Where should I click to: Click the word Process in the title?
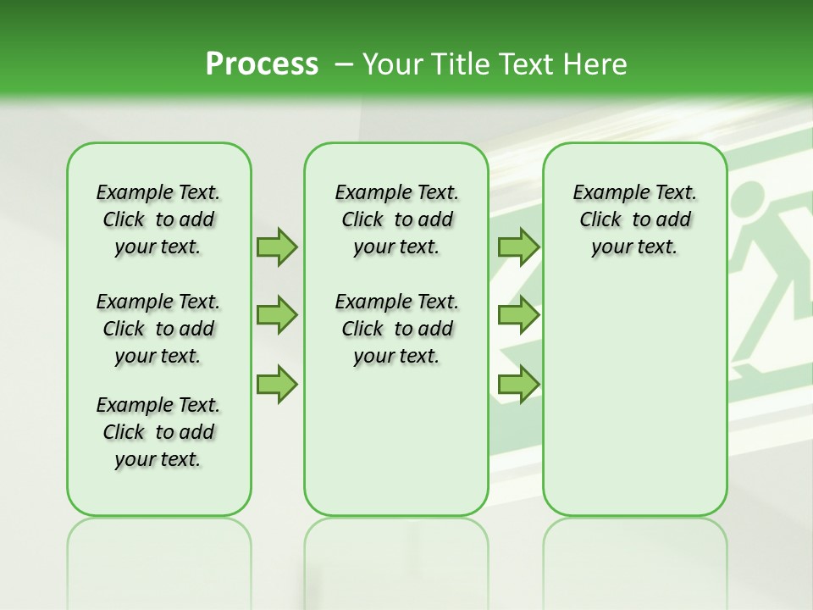(262, 64)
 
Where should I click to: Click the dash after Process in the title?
(344, 64)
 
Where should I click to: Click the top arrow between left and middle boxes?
(277, 247)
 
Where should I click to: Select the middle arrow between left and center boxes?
(277, 315)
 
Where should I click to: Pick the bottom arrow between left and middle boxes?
(277, 384)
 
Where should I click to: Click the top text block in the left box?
(158, 219)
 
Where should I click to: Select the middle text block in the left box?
(158, 329)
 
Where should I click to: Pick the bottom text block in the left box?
(158, 432)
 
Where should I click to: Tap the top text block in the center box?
(396, 219)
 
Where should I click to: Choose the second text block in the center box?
(396, 329)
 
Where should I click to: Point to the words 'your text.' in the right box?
(634, 247)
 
